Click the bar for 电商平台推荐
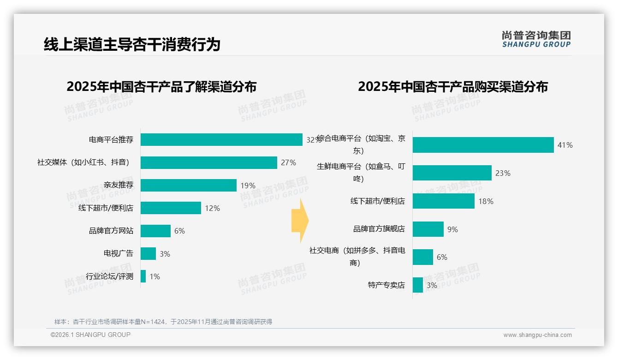coord(221,139)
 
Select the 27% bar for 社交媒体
coord(208,162)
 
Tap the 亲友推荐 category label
coord(119,185)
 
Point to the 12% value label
coord(212,208)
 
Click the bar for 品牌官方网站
coord(155,231)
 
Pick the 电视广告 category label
coord(119,253)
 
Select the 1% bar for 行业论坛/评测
coord(143,276)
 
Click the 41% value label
coord(565,145)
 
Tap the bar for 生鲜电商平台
coord(452,173)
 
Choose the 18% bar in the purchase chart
coord(443,201)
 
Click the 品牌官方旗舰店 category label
coord(379,229)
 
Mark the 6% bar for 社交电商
coord(423,257)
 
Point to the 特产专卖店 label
coord(386,285)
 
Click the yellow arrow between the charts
coord(300,221)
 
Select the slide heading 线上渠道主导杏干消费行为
coord(132,44)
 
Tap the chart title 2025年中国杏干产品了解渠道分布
coord(161,87)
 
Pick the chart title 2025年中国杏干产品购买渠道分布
coord(453,87)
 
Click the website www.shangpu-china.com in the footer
coord(537,335)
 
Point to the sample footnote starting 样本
coord(163,322)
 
